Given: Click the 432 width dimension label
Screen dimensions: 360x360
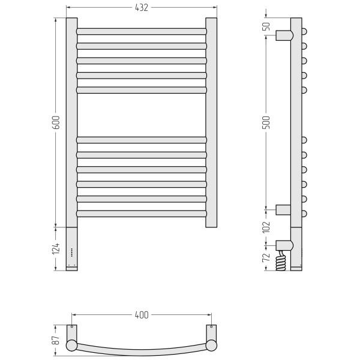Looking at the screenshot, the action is tap(142, 8).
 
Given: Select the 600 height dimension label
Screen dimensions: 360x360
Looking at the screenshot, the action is tap(56, 122).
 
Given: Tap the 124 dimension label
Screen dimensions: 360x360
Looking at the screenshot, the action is tap(56, 248).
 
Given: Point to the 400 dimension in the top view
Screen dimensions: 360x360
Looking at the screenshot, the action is tap(142, 315).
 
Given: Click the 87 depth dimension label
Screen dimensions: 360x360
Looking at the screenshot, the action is tap(56, 340).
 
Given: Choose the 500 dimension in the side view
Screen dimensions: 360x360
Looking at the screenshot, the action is tap(266, 122).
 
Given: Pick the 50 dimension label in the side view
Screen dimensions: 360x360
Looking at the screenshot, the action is tap(266, 26).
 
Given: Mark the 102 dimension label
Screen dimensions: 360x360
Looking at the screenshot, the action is tap(266, 227).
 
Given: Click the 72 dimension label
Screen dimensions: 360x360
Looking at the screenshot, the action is tap(266, 257).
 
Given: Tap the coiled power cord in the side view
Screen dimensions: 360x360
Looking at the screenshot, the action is tap(281, 260).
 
